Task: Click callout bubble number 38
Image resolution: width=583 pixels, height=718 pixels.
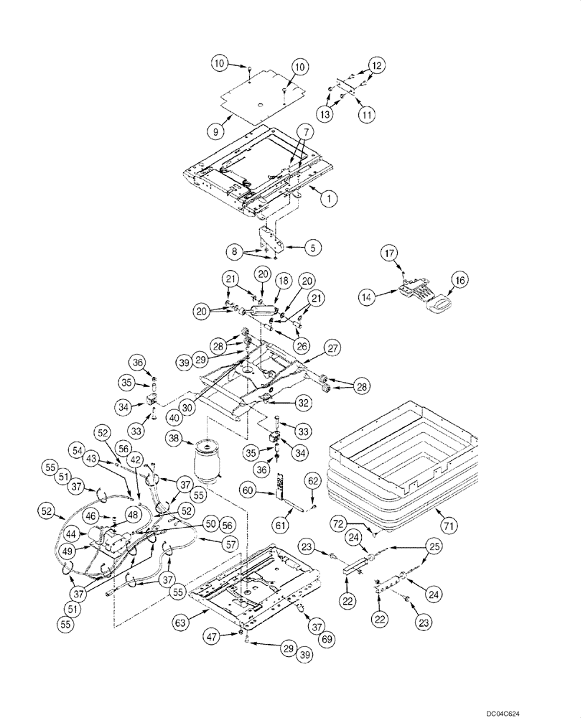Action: (x=174, y=439)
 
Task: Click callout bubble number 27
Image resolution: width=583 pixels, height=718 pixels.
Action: (x=332, y=347)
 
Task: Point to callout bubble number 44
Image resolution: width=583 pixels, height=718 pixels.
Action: (x=72, y=535)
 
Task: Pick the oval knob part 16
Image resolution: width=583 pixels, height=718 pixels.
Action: (x=437, y=306)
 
